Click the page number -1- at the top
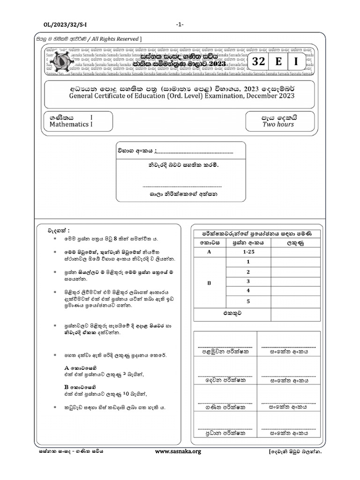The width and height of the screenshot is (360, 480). (x=180, y=24)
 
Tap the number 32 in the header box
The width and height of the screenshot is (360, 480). (x=258, y=62)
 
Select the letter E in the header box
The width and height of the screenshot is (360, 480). (x=278, y=62)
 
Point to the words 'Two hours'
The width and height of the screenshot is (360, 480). (x=278, y=124)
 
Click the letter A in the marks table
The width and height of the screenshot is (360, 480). (x=209, y=252)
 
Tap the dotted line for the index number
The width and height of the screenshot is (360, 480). (x=194, y=152)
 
